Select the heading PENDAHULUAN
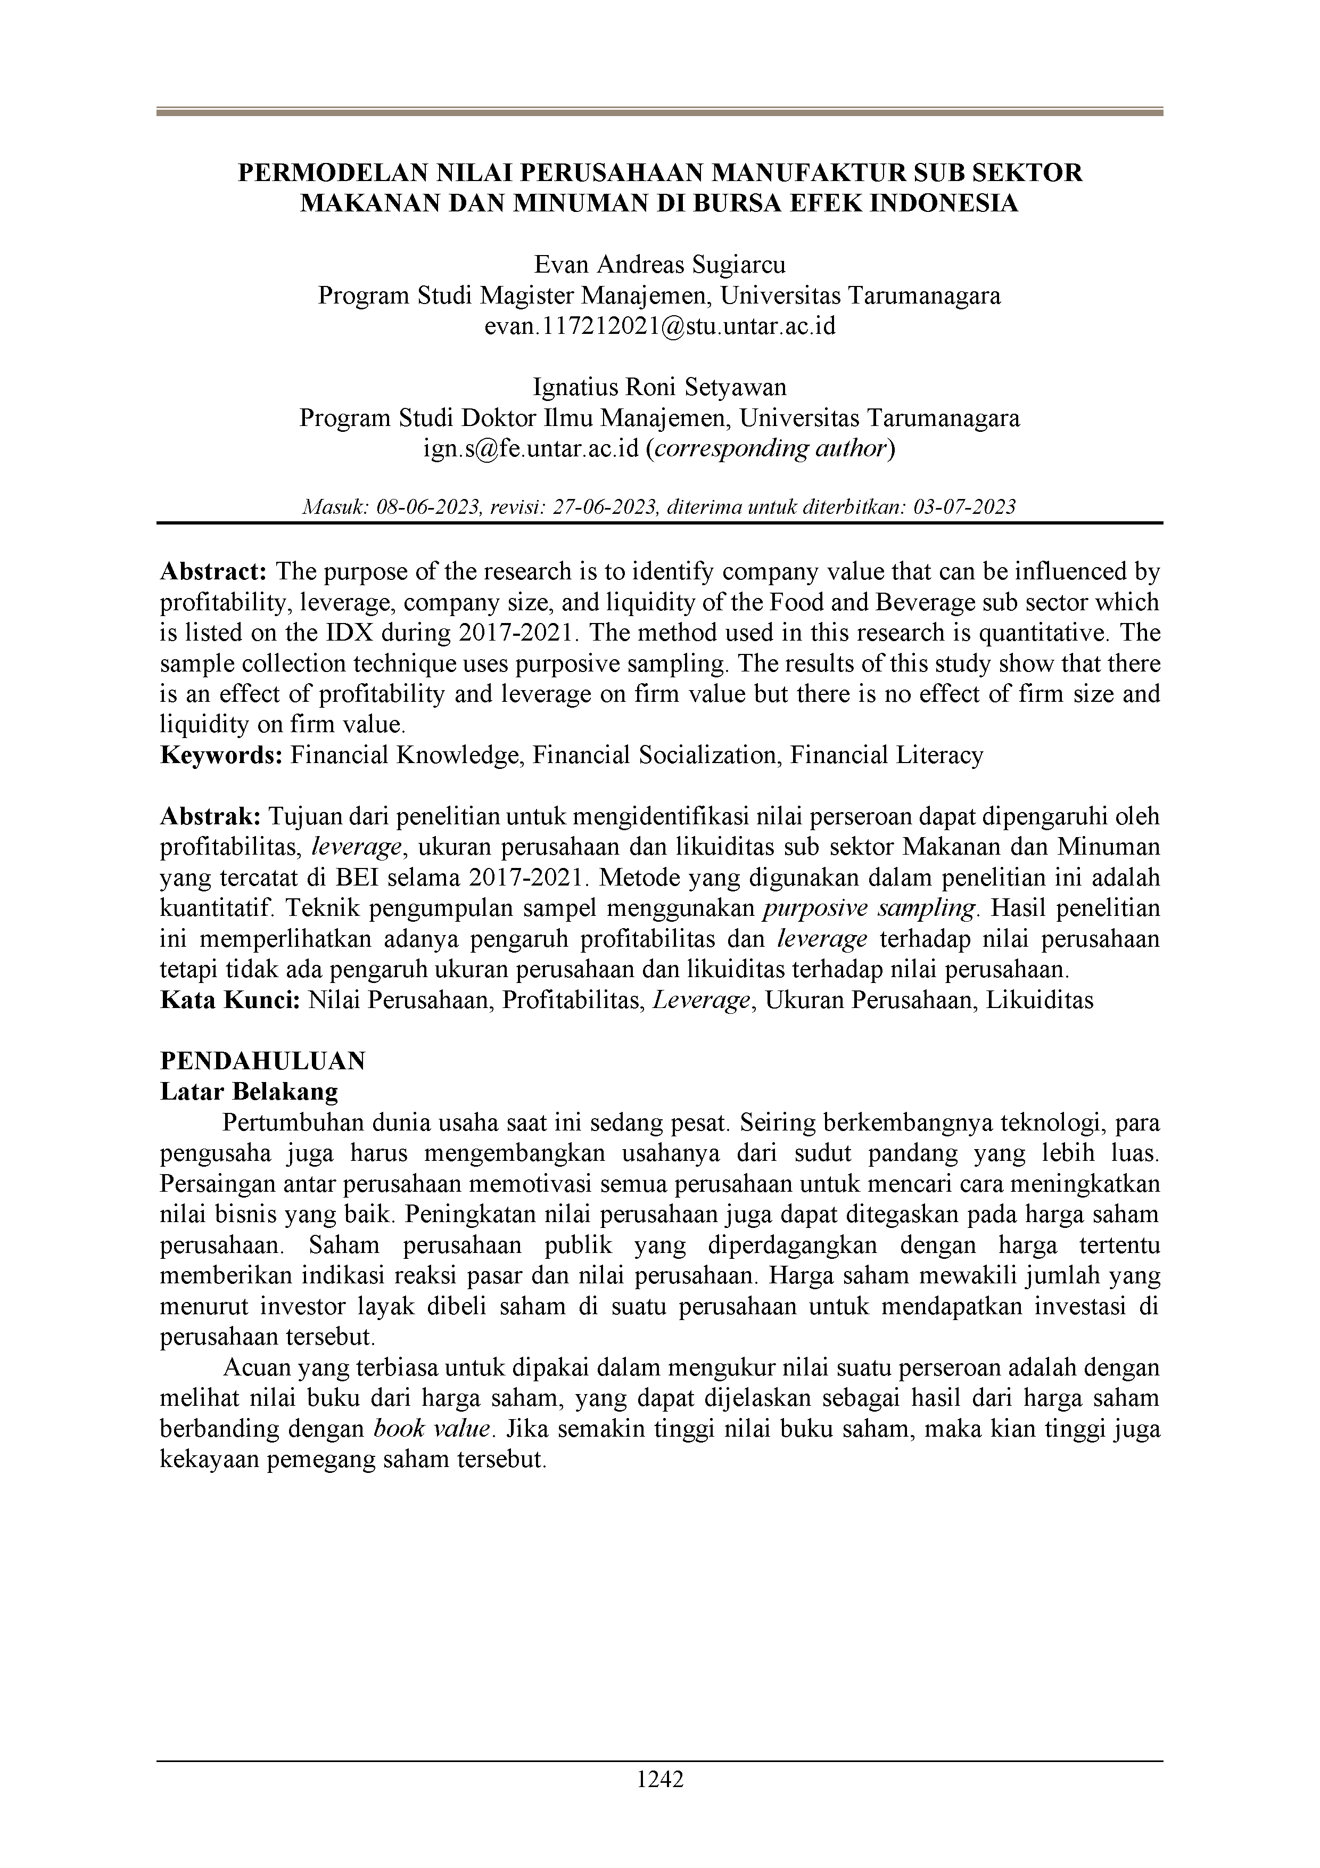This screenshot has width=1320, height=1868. click(263, 1061)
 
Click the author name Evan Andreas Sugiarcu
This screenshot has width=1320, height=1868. click(659, 265)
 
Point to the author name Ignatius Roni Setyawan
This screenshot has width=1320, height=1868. click(659, 387)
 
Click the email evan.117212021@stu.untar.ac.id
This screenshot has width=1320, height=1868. click(659, 326)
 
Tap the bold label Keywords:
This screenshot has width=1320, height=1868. click(221, 756)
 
